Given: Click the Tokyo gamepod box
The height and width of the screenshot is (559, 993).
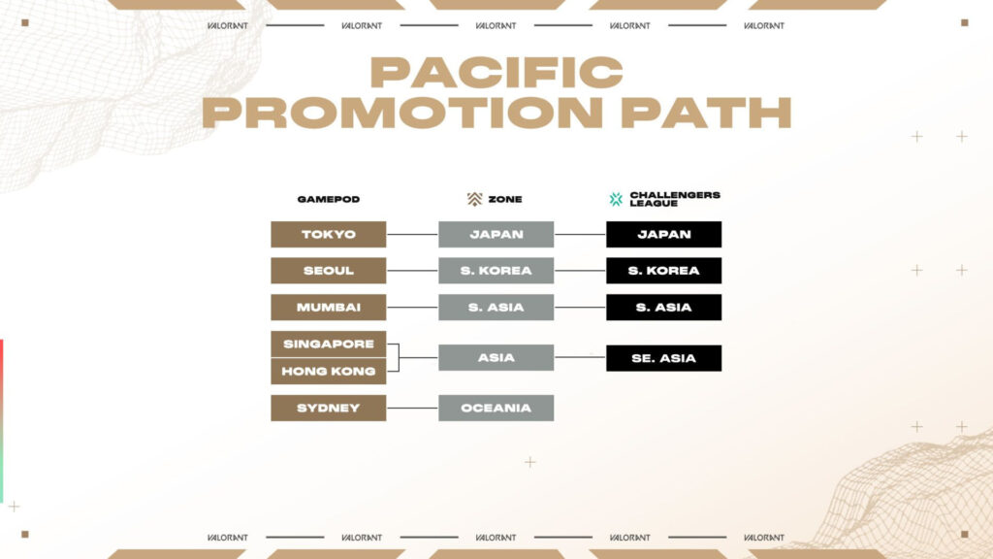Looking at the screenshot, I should pos(328,234).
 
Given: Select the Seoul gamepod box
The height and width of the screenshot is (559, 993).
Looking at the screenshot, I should pos(328,271).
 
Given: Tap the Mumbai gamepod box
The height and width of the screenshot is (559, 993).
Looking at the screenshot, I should pos(328,308).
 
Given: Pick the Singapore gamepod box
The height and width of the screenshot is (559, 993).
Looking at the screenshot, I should pos(328,345).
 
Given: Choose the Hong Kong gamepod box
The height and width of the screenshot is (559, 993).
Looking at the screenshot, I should pos(328,371).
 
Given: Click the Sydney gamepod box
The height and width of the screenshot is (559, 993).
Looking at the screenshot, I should pos(328,408).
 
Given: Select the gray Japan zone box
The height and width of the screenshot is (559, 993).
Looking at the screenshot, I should pos(496,234).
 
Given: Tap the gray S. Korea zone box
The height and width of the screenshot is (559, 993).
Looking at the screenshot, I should pos(496,271).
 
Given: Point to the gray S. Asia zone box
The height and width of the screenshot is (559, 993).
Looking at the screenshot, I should pos(496,308).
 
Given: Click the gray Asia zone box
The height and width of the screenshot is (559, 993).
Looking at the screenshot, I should pos(496,357).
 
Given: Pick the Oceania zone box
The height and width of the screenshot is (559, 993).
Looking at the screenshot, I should pos(496,408).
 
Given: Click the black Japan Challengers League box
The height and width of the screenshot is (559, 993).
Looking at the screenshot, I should pos(663,234).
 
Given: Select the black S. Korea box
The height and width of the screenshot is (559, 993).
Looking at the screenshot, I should pos(663,271).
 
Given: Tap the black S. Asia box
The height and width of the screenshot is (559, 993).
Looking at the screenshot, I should pos(663,308).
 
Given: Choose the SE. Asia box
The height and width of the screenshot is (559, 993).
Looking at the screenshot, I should pos(663,357).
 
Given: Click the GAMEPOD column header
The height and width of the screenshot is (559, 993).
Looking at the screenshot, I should pos(328,199).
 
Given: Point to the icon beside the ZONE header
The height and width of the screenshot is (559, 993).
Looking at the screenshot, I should pos(474,199).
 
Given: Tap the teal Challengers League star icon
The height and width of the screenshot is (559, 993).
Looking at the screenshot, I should pos(616,199).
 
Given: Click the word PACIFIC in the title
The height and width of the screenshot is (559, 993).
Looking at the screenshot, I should pos(496,73).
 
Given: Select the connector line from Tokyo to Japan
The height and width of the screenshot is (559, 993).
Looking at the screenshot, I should pos(412,234).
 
